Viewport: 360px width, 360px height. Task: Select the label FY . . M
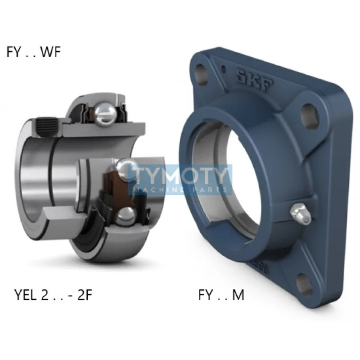221,295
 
